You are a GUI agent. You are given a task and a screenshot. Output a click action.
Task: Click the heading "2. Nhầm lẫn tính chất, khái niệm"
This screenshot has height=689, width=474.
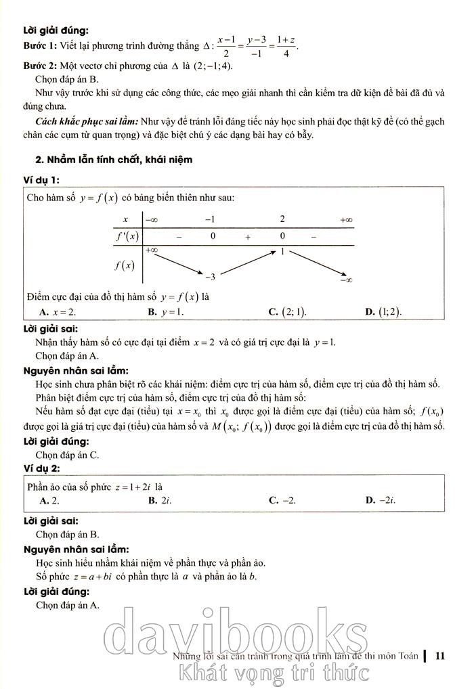coord(114,160)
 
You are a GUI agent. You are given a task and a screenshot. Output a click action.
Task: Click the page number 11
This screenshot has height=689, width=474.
coord(441,655)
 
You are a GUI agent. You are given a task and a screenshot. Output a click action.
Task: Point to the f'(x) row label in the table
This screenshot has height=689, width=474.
coord(125,236)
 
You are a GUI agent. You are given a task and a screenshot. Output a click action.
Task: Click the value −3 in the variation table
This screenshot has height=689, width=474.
coord(210,276)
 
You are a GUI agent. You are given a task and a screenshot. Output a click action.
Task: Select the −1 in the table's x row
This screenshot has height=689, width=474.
coord(211,219)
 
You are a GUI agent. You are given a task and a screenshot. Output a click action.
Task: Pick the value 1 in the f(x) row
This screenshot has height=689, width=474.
coord(282,252)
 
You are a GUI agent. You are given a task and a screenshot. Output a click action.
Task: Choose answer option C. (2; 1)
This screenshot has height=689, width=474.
coord(288,312)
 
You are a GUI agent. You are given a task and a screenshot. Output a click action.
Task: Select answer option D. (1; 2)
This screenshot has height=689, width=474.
coord(383,312)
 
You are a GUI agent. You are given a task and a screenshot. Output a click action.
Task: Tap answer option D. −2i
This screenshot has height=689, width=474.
coord(381,501)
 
